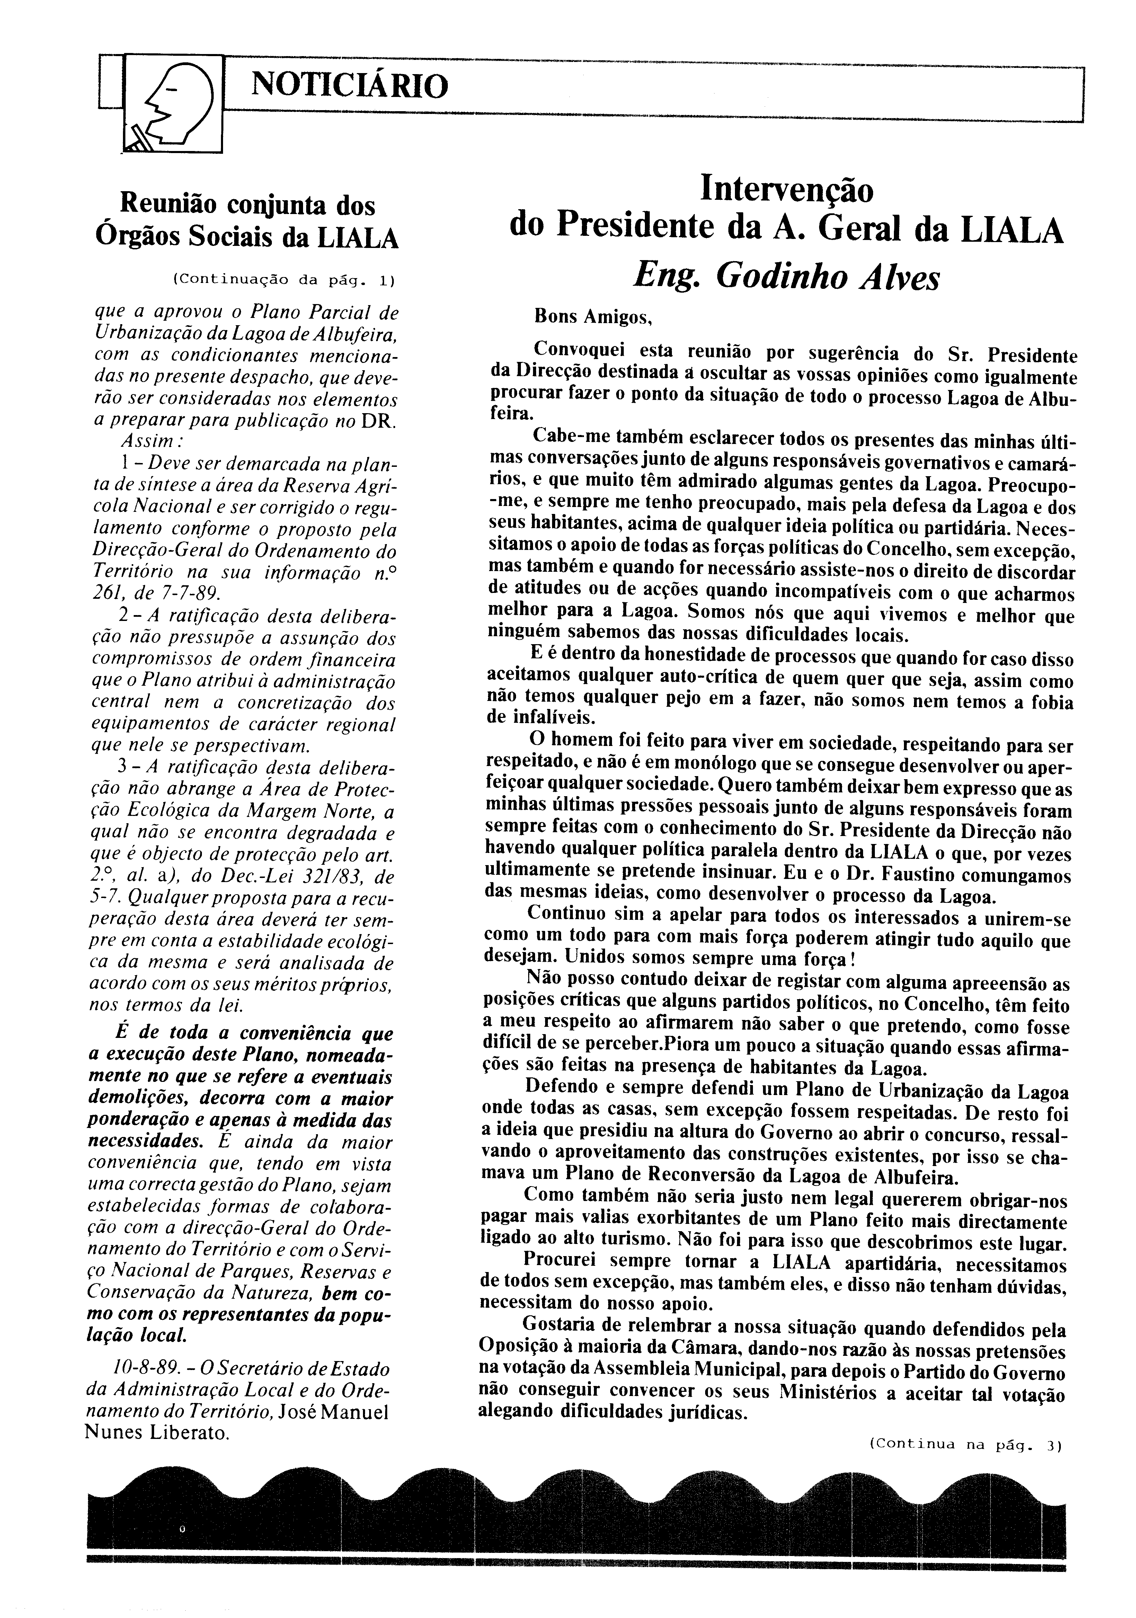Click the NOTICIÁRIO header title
349,86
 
